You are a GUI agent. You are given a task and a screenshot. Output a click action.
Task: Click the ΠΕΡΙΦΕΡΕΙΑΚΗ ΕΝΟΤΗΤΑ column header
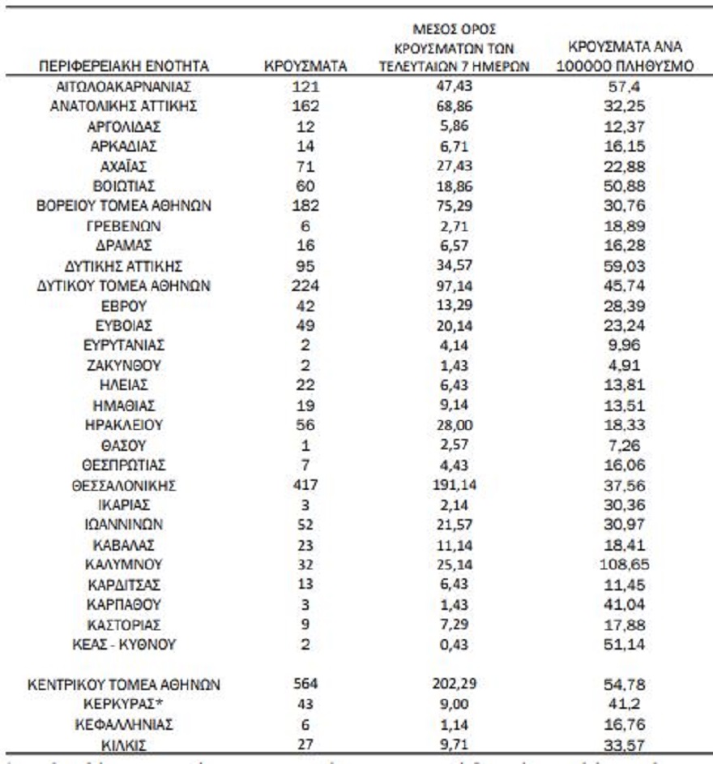(124, 67)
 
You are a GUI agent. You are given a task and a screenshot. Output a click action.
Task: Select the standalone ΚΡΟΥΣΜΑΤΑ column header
(305, 67)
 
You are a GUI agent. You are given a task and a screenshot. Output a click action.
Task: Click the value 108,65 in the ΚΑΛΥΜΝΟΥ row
(625, 564)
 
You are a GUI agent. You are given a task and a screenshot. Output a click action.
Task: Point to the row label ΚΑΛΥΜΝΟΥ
(124, 564)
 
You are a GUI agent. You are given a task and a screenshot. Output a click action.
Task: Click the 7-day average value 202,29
(454, 684)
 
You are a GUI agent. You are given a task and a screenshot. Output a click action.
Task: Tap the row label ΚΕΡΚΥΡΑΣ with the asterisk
(124, 703)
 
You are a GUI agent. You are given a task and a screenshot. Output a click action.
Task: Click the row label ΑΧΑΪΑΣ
(124, 166)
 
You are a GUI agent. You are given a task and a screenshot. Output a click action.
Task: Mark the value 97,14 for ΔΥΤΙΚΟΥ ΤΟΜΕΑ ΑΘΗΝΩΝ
(454, 285)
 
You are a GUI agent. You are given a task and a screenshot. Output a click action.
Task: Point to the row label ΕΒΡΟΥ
(124, 306)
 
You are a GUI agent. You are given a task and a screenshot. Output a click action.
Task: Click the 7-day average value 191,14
(454, 486)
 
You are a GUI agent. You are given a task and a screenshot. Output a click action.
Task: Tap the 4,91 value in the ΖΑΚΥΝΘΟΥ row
(625, 365)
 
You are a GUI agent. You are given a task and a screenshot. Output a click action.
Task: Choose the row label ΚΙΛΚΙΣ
(124, 743)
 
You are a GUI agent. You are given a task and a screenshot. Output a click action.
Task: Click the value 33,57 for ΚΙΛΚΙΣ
(625, 743)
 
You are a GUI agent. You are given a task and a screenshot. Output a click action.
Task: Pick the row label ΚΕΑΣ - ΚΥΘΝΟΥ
(124, 644)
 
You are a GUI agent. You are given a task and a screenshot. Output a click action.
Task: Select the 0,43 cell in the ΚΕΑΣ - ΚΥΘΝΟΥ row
(454, 644)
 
